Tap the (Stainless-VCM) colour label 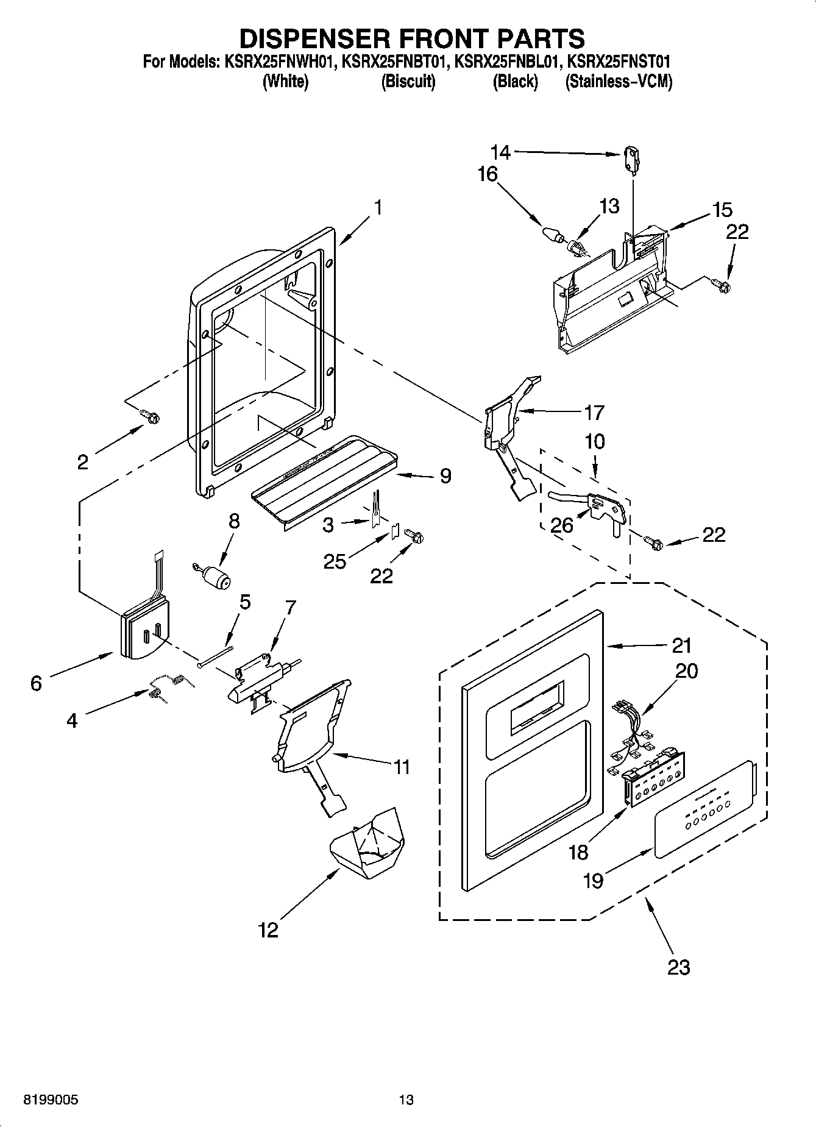coord(619,82)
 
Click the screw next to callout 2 coord(151,416)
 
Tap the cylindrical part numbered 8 coord(214,577)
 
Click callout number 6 coord(36,683)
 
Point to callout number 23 coord(678,967)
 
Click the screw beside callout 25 coord(414,536)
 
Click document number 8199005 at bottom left coord(51,1100)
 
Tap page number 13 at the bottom coord(406,1100)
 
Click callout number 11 coord(401,766)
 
